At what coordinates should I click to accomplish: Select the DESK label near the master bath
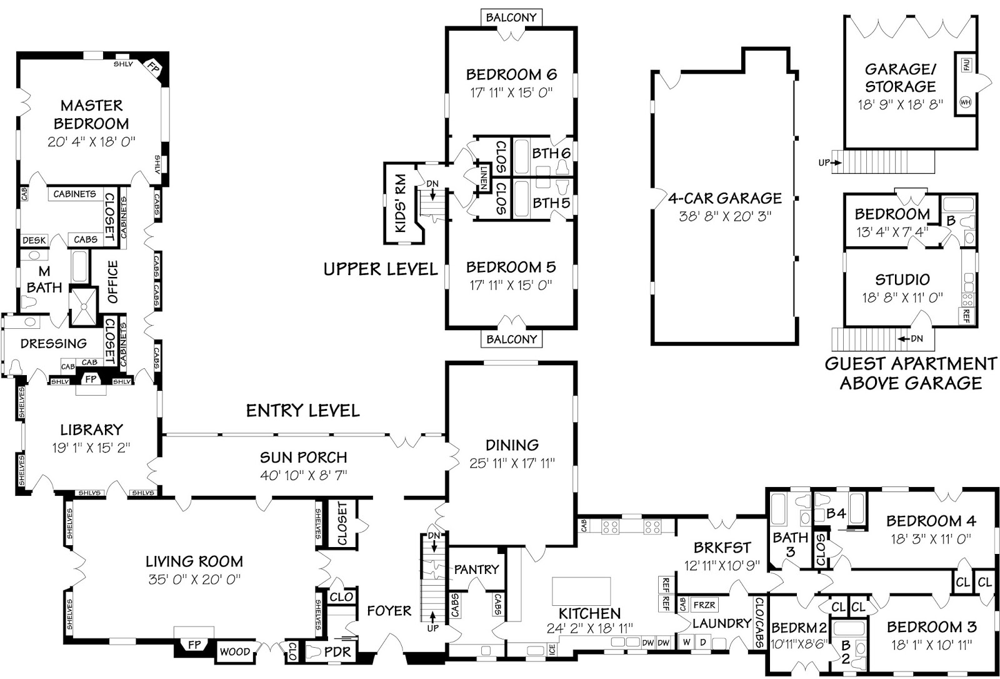(34, 240)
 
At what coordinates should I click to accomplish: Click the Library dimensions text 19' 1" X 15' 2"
(91, 448)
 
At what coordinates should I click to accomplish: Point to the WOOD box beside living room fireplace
(235, 652)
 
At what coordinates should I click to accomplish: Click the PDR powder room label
(337, 652)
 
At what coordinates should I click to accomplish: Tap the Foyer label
(389, 611)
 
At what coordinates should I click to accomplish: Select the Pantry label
(476, 570)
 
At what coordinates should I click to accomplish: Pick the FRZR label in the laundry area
(704, 605)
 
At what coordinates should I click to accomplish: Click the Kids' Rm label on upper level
(401, 204)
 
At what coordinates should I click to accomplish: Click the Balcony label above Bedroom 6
(511, 18)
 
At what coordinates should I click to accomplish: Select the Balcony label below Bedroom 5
(511, 339)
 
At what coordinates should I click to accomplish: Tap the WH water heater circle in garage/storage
(965, 102)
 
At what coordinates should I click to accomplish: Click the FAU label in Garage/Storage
(966, 64)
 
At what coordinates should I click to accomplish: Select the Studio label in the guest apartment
(902, 279)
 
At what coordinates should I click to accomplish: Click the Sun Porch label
(303, 457)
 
